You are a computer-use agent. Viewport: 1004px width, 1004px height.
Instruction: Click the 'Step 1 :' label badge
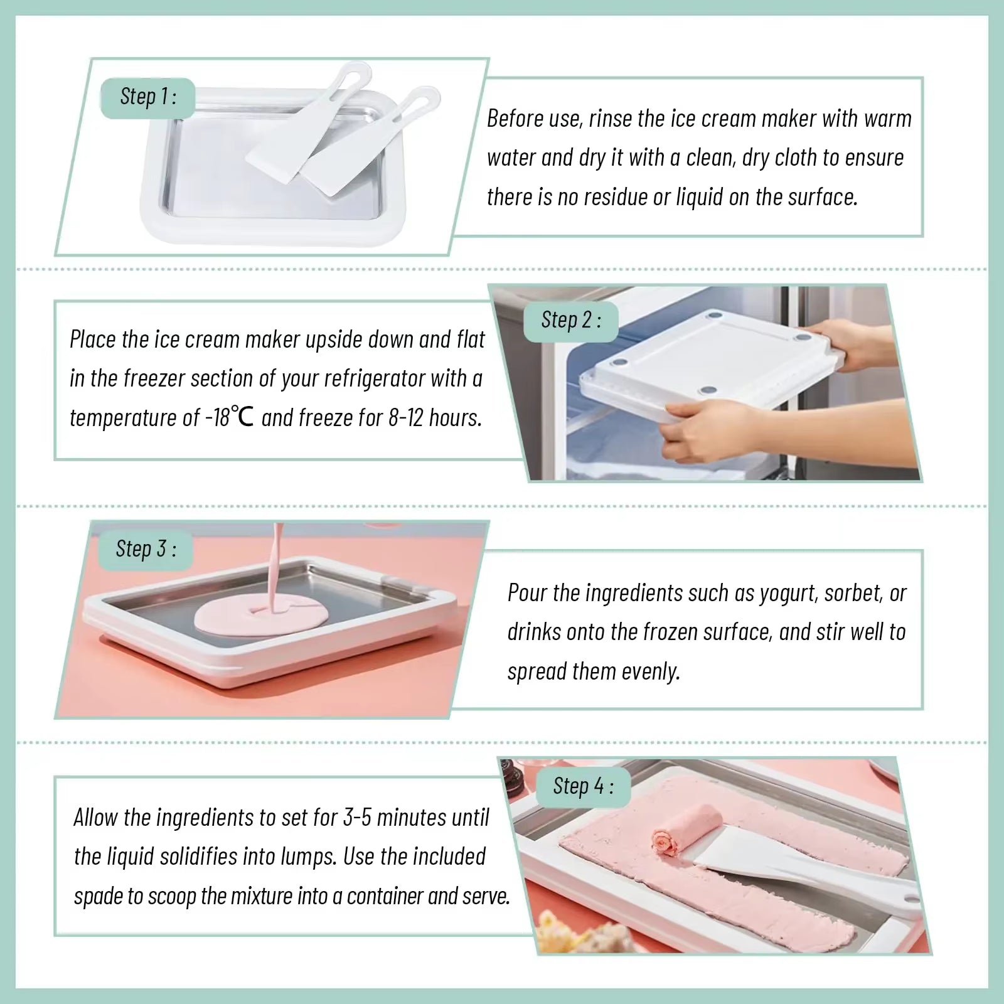pyautogui.click(x=147, y=97)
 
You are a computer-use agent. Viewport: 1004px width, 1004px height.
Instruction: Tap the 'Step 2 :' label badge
pyautogui.click(x=570, y=321)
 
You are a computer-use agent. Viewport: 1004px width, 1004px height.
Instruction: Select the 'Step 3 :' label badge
pyautogui.click(x=145, y=549)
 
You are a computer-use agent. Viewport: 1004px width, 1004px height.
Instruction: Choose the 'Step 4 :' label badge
pyautogui.click(x=582, y=786)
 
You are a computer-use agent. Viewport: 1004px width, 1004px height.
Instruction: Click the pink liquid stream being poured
pyautogui.click(x=275, y=558)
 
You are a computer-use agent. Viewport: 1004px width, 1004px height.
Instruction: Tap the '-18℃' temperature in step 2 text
pyautogui.click(x=230, y=418)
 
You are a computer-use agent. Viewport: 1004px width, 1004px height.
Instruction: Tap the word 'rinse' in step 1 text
pyautogui.click(x=610, y=119)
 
